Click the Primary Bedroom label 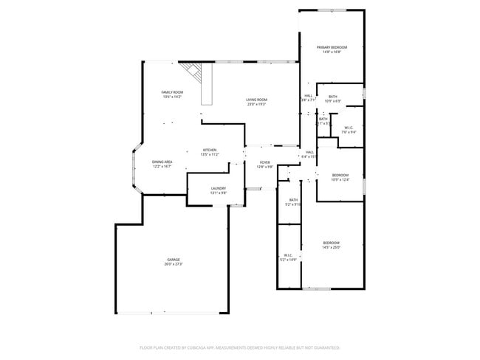click(x=332, y=47)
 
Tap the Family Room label click(x=172, y=92)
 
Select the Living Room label click(x=257, y=100)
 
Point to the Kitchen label click(x=210, y=150)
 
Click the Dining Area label click(x=162, y=162)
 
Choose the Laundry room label click(x=218, y=188)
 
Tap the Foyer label click(x=264, y=162)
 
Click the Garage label click(x=174, y=260)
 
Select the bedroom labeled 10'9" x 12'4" click(x=340, y=175)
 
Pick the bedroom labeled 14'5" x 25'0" click(x=331, y=243)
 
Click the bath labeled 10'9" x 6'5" click(x=333, y=97)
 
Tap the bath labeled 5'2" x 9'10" click(x=293, y=200)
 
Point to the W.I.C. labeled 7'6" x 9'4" click(x=349, y=128)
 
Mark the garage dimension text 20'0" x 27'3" click(x=174, y=264)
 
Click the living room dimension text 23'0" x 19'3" click(x=257, y=104)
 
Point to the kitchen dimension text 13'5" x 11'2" click(x=210, y=154)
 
